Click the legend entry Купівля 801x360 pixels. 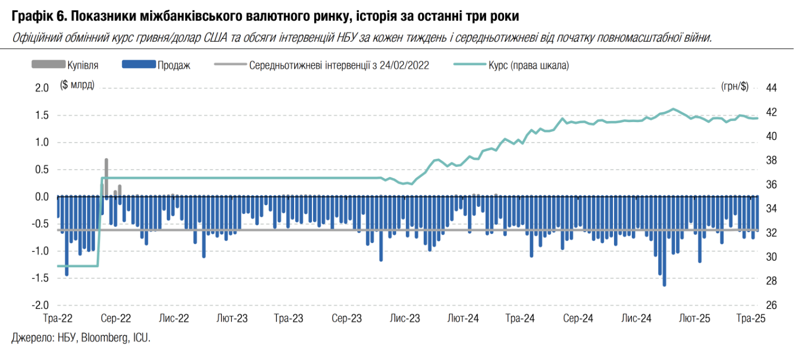tap(83, 65)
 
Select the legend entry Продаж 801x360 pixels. tap(174, 65)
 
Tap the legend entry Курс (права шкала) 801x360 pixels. tap(528, 65)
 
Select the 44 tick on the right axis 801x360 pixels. tap(771, 88)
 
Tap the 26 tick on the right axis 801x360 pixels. tap(771, 306)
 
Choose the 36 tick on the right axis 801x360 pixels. tap(771, 185)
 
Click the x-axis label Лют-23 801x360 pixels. tap(232, 319)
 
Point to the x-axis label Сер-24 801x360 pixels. tap(578, 319)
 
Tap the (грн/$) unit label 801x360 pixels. tap(734, 87)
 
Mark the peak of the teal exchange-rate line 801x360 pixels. tap(673, 109)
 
